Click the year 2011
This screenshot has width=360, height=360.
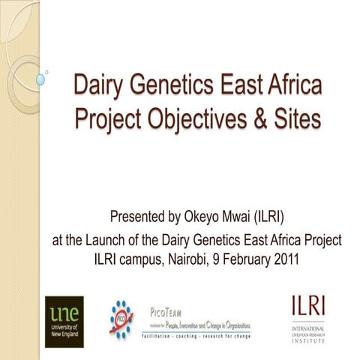(x=299, y=259)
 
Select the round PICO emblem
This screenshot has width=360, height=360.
(x=120, y=318)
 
